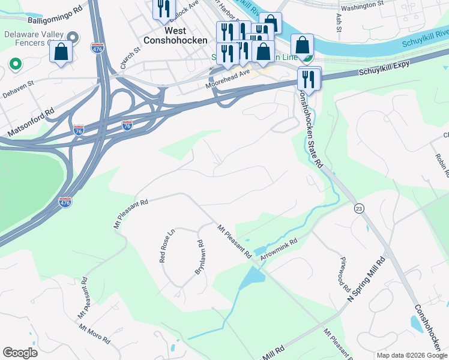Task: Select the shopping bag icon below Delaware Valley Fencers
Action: (61, 52)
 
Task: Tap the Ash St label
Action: (339, 23)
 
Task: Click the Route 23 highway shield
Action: (359, 208)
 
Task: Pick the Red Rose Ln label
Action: (166, 245)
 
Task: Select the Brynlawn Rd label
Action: (199, 257)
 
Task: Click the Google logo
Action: (20, 353)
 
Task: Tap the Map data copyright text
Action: (411, 355)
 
